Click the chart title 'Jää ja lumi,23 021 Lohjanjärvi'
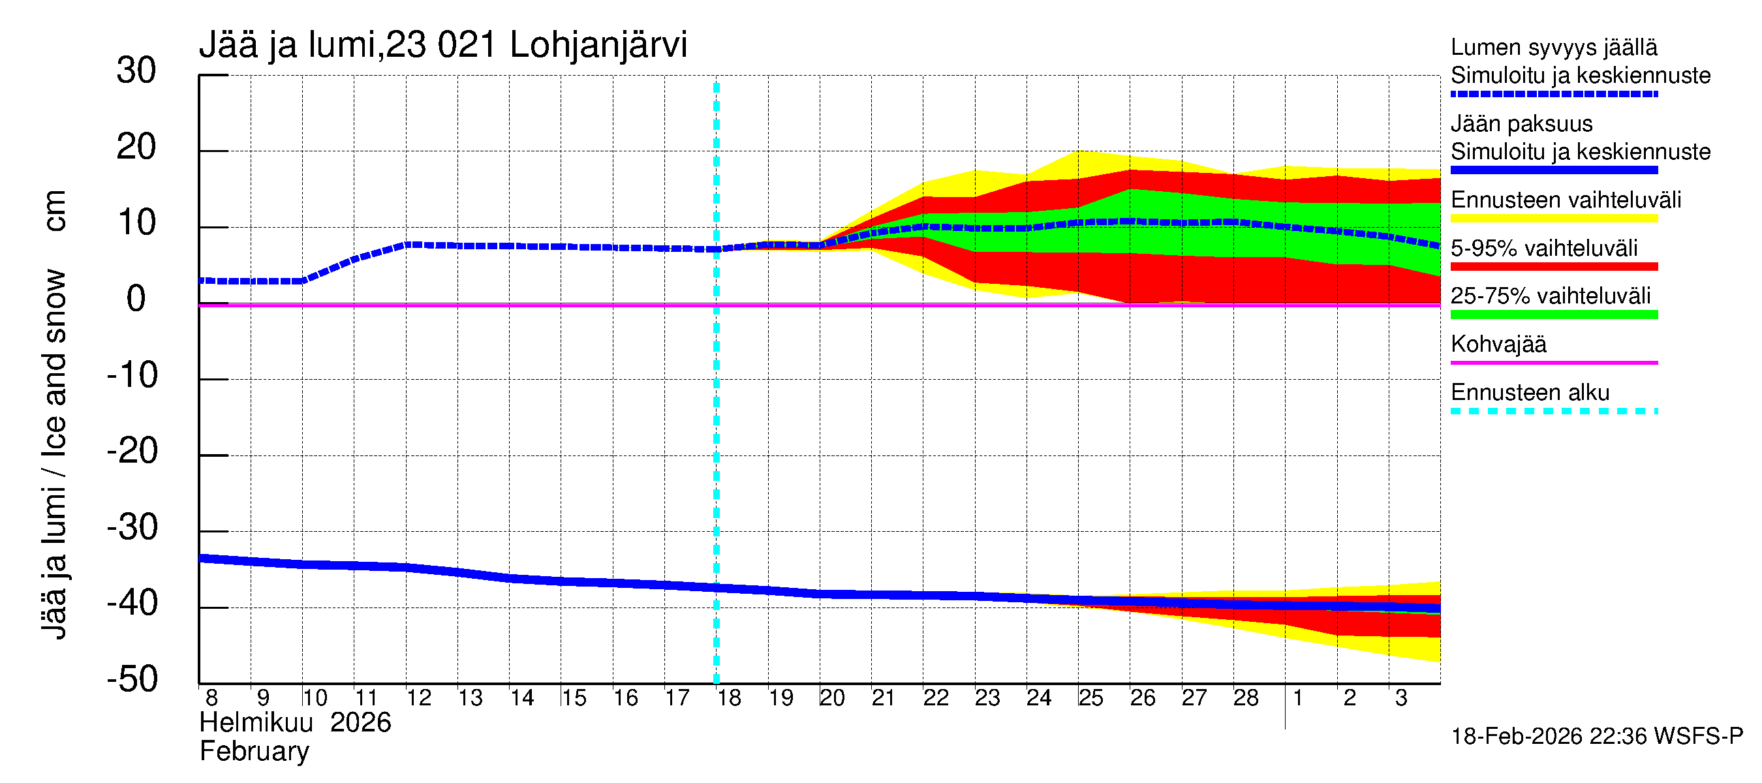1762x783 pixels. [442, 46]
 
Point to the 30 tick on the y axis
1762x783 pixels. [136, 71]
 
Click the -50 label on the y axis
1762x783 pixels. [132, 680]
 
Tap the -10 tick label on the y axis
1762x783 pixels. [132, 375]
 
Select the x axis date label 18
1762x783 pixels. [729, 698]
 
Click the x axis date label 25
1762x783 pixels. [1091, 698]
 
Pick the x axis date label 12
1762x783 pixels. [418, 698]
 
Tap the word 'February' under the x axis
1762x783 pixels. [254, 752]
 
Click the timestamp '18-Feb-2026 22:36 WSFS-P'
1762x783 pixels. [1596, 737]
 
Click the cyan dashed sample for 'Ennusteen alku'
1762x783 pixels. [1553, 412]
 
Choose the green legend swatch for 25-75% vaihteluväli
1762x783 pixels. [1553, 315]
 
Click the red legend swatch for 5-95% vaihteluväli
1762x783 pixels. [1553, 267]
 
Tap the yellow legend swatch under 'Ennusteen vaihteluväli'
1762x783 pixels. [1553, 219]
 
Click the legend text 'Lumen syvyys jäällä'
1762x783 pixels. [1553, 48]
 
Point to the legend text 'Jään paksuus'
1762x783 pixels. [1521, 125]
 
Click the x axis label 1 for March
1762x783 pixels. [1297, 698]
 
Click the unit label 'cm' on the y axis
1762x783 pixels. [55, 211]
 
